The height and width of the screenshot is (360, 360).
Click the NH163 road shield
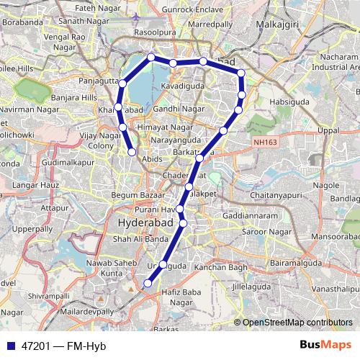coord(264,143)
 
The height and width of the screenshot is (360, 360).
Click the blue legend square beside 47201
coord(9,346)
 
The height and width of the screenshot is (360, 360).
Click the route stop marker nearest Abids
coord(132,152)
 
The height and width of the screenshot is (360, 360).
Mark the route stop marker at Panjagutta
coord(122,84)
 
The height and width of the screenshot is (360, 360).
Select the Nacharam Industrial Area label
coord(334,61)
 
